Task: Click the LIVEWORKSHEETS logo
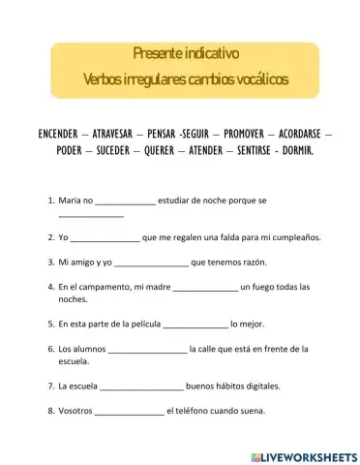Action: point(303,455)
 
